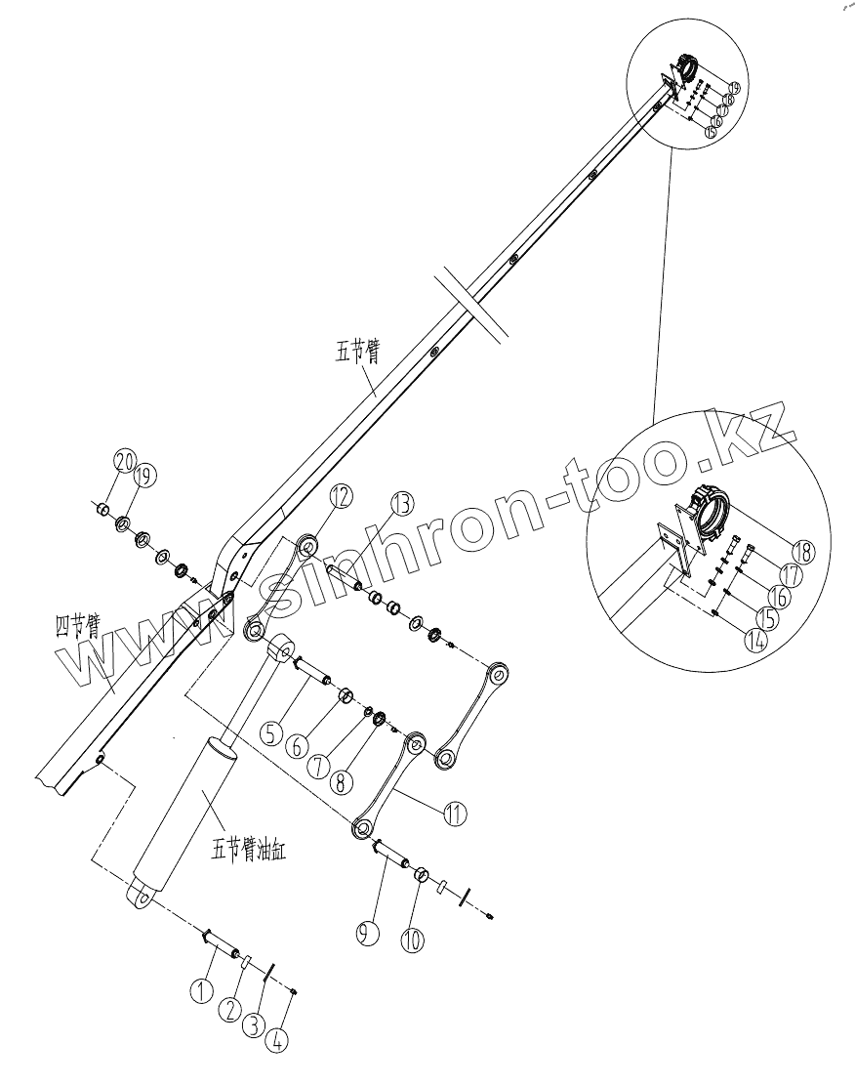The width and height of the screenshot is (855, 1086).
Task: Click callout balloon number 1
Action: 201,991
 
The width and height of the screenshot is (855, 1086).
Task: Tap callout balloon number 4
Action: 278,1041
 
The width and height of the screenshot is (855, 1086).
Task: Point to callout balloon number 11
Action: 454,813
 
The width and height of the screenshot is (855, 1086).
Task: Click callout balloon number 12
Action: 340,497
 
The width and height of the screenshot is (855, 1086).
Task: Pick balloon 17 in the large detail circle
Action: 790,575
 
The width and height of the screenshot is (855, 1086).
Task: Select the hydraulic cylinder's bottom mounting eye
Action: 141,896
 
